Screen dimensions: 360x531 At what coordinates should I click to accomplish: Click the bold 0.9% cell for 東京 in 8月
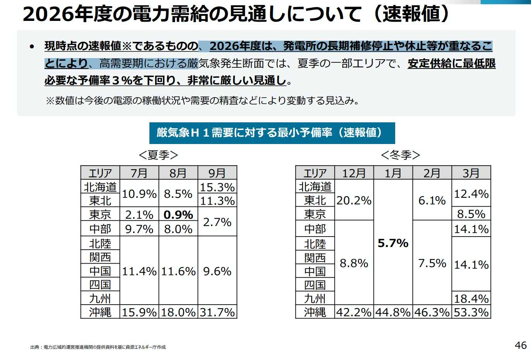[178, 215]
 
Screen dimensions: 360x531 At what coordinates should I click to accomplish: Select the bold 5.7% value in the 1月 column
[393, 243]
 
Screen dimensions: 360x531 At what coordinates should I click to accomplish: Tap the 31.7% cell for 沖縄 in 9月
[217, 312]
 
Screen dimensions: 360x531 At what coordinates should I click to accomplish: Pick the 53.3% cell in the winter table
[471, 312]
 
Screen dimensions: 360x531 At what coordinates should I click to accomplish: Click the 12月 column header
[354, 173]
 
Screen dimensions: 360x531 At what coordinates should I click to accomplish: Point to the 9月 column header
[217, 173]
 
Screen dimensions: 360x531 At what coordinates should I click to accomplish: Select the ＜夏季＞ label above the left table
[158, 155]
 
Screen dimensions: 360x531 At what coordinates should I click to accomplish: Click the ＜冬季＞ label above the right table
[400, 155]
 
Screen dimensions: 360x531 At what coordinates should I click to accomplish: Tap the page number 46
[521, 345]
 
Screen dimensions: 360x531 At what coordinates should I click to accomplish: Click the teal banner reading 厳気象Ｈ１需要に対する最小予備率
[272, 133]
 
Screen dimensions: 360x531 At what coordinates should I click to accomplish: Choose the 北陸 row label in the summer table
[100, 243]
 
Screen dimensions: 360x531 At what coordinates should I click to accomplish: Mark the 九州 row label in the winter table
[315, 298]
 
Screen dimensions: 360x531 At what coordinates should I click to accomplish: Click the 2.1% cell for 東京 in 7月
[139, 215]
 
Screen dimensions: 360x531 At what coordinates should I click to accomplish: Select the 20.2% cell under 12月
[354, 201]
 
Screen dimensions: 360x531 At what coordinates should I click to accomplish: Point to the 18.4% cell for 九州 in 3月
[471, 298]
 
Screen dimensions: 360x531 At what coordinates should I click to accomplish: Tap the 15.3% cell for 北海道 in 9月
[217, 187]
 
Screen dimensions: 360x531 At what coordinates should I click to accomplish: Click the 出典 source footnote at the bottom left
[98, 347]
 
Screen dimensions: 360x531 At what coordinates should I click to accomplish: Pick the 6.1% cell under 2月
[432, 201]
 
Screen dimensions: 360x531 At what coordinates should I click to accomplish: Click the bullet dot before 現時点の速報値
[32, 47]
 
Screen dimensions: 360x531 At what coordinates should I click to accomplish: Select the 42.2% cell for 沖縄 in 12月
[354, 312]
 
